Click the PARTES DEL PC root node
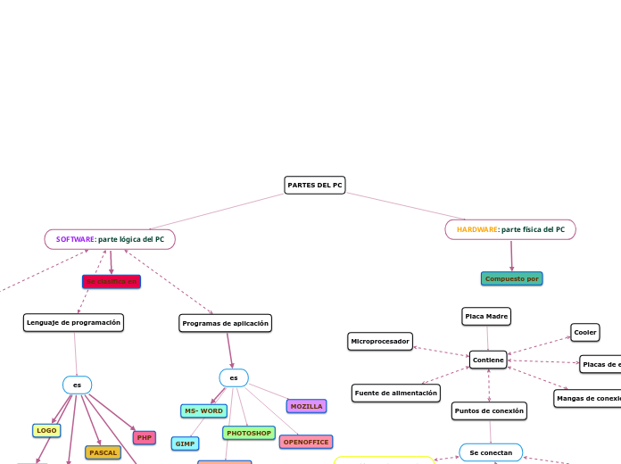[315, 185]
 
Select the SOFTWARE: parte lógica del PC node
[110, 239]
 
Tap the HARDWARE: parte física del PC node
[510, 229]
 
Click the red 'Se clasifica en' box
[112, 281]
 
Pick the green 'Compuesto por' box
[512, 278]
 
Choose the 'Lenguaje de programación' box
[73, 322]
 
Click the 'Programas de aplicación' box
[225, 323]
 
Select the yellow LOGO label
[46, 430]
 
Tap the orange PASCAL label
[103, 452]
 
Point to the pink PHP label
[145, 437]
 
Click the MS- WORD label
[203, 410]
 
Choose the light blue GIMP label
[186, 443]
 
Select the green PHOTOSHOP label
[249, 433]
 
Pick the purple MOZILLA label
[307, 406]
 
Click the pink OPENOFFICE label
[306, 442]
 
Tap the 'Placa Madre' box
[486, 316]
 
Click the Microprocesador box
[380, 341]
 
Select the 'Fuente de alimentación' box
[396, 393]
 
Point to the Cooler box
[585, 332]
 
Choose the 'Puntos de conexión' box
[489, 410]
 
